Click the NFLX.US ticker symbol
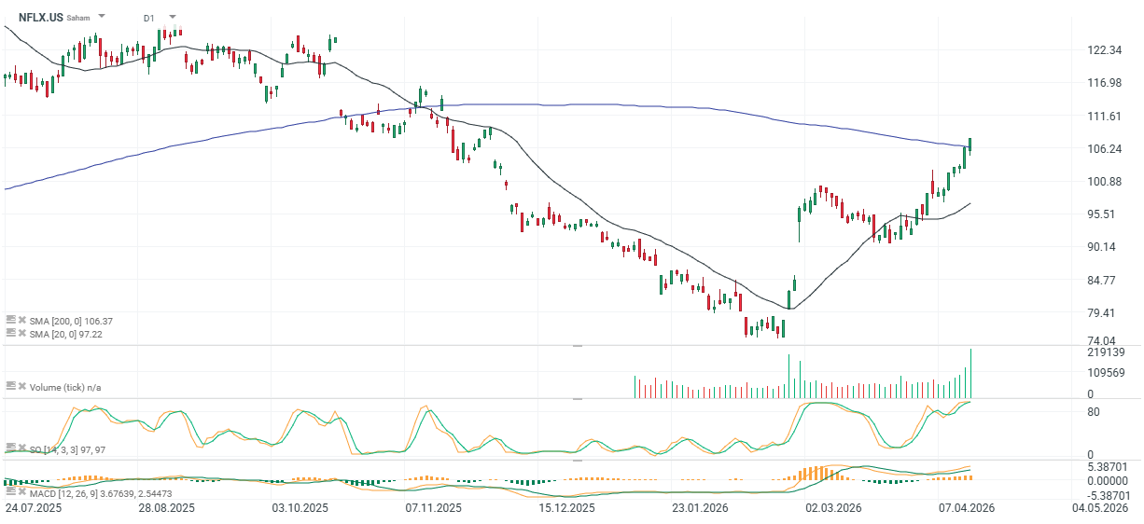[x=40, y=17]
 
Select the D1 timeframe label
[x=149, y=18]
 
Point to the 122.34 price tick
[x=1103, y=50]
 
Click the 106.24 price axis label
[x=1103, y=149]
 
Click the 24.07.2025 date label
[x=33, y=508]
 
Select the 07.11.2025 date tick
[x=433, y=508]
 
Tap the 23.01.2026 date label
[x=700, y=508]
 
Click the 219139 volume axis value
[x=1106, y=352]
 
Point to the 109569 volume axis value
[x=1106, y=373]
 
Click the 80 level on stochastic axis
[x=1093, y=411]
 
